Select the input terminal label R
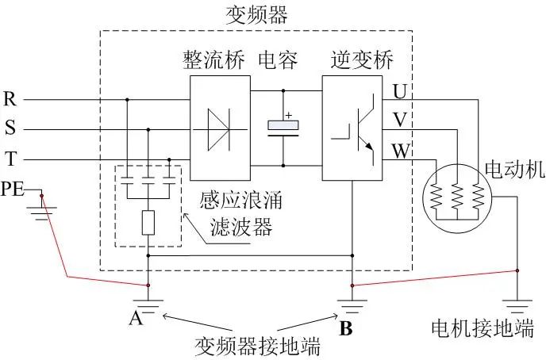click(x=10, y=100)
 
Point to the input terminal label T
click(x=10, y=159)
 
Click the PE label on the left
click(x=13, y=189)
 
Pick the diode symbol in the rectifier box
click(x=221, y=128)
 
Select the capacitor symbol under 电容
click(x=283, y=128)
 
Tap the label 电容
click(x=277, y=60)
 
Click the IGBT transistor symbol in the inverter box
click(x=352, y=129)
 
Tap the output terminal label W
click(x=400, y=149)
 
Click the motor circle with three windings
click(x=456, y=195)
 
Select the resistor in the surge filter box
click(x=148, y=224)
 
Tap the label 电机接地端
click(x=482, y=328)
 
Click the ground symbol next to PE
click(x=37, y=208)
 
